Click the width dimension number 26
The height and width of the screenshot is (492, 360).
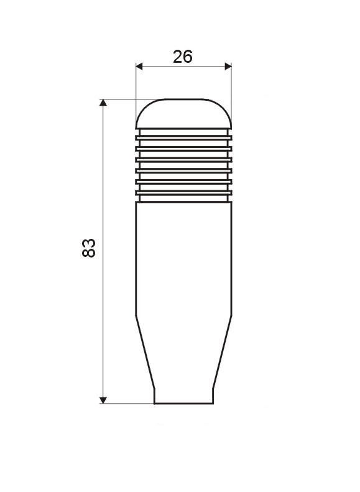(x=183, y=57)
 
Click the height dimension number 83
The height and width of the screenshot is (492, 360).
(x=88, y=248)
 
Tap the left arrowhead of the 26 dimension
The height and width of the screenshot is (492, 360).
(x=139, y=67)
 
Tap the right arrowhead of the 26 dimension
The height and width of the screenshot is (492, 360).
(x=228, y=67)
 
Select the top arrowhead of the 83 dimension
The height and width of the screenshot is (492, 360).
(x=103, y=103)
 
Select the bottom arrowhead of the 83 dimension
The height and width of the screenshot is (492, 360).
(x=103, y=400)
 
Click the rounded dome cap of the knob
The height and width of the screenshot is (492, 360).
(x=184, y=114)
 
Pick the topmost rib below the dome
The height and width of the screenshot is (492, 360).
(x=184, y=137)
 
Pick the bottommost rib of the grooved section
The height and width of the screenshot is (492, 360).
(x=184, y=193)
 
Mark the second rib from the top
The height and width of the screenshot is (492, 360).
(x=184, y=149)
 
